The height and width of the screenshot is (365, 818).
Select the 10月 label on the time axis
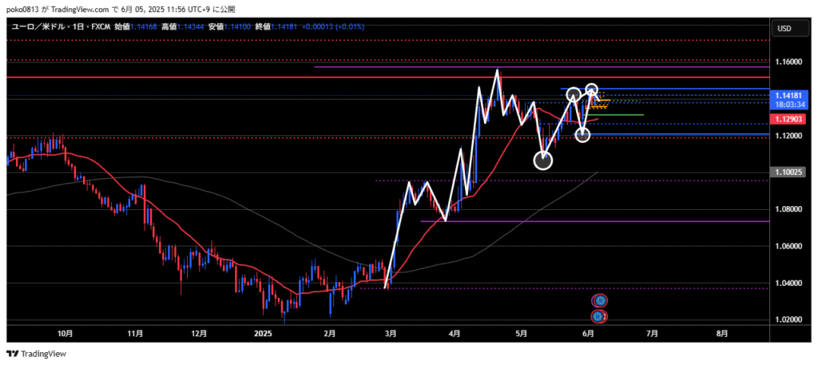(x=66, y=333)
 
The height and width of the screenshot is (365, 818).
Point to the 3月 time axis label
(x=390, y=333)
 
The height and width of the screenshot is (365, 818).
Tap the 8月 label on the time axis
(x=722, y=333)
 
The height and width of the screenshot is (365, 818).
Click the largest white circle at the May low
(x=543, y=161)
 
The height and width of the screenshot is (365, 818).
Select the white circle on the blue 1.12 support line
(x=583, y=135)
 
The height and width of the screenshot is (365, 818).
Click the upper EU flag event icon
(x=600, y=301)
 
